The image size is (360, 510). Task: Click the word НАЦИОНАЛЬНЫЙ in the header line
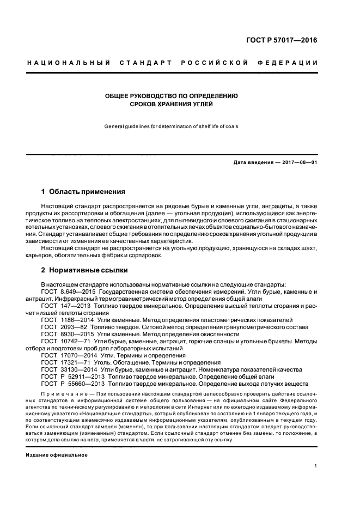(69, 63)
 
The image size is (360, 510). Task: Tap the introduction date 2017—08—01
(298, 163)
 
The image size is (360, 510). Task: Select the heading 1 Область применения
(83, 192)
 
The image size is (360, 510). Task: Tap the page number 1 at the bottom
(316, 466)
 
